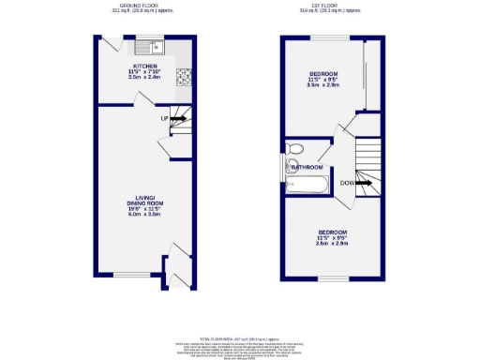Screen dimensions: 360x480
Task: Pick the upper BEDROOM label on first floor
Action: click(x=324, y=73)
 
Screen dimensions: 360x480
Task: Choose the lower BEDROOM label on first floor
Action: click(x=332, y=232)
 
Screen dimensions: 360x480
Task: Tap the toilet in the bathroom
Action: click(x=295, y=148)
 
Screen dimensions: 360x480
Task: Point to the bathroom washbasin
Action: click(x=291, y=167)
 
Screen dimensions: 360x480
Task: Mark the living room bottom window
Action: click(x=127, y=275)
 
